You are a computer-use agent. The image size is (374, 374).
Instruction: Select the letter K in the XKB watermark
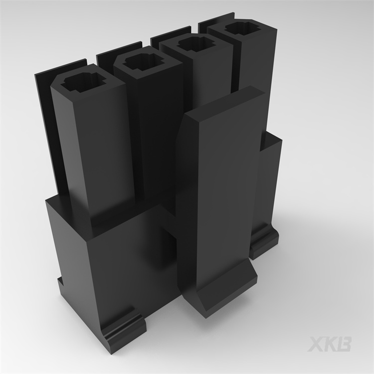pyautogui.click(x=331, y=344)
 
